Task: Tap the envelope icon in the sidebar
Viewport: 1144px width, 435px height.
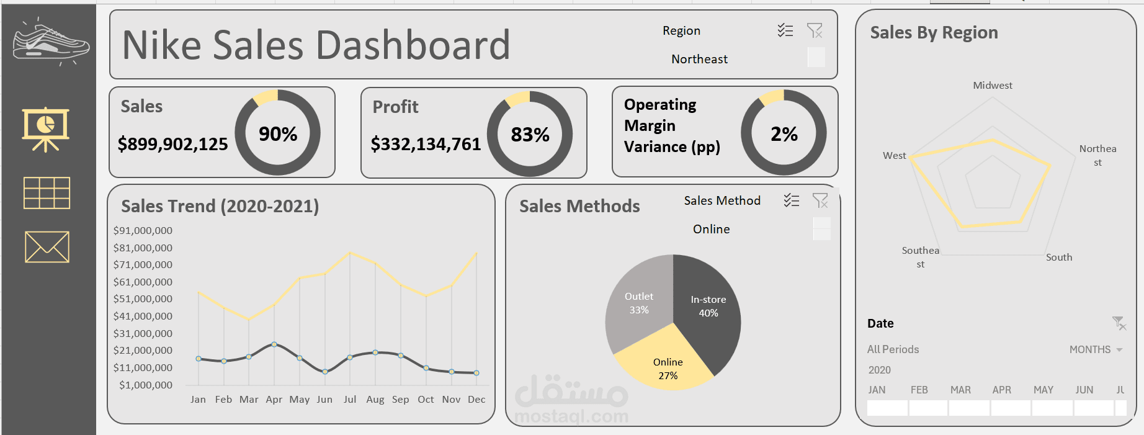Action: (x=47, y=247)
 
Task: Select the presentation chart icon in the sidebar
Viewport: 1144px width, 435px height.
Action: (x=45, y=129)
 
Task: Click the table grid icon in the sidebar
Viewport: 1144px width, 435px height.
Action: (x=47, y=193)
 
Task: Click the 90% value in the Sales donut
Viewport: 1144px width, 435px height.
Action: (x=278, y=134)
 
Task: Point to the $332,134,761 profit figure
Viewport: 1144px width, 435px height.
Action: (x=426, y=144)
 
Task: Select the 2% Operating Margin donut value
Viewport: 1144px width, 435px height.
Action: (x=784, y=134)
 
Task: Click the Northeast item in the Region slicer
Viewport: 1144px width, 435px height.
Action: (x=699, y=59)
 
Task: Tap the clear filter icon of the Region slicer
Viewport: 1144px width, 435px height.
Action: (x=815, y=30)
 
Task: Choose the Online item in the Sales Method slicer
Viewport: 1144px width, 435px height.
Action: (x=711, y=229)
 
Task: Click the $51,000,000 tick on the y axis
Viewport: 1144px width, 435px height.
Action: (x=143, y=298)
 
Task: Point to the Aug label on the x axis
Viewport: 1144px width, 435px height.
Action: (x=375, y=400)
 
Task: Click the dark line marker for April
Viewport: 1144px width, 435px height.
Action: (x=274, y=344)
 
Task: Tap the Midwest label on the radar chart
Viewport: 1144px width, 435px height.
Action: (x=992, y=86)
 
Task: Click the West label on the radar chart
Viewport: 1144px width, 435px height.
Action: (x=894, y=156)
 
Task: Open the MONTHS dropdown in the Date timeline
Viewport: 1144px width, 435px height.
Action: (x=1096, y=349)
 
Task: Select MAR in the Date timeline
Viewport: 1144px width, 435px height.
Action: (x=960, y=390)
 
